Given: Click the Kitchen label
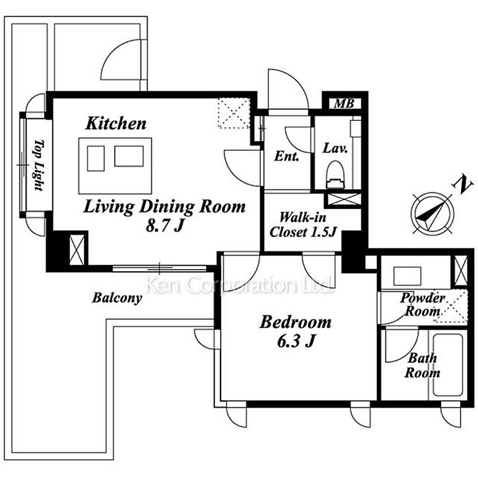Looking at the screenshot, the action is coord(116,124).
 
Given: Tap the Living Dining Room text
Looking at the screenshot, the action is coord(165,207).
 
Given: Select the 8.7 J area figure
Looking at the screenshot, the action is coord(165,226).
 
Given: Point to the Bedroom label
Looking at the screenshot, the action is coord(296,322).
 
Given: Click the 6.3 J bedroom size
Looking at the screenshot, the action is coord(296,341).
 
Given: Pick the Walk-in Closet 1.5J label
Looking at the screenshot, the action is coord(303,225).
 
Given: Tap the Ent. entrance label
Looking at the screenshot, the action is coord(286,156).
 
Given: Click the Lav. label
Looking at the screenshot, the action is coord(335,148).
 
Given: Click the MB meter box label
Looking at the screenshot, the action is coord(344,104).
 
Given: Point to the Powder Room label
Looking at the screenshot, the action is coord(423,305).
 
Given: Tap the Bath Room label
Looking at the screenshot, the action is coord(422,365).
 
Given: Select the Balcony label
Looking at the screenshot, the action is coord(117,298).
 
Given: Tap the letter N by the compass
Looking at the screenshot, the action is coord(464,184).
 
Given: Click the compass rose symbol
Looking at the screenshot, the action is coord(432,213).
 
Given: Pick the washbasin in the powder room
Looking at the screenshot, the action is coord(407,276).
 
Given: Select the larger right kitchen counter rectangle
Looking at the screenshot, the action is coord(129,156).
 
